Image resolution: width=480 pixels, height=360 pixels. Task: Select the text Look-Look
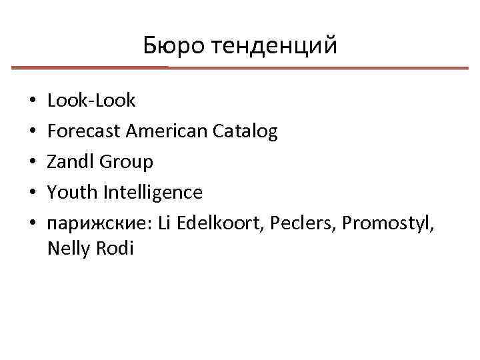pyautogui.click(x=91, y=101)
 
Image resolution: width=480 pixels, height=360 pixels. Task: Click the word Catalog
pyautogui.click(x=246, y=131)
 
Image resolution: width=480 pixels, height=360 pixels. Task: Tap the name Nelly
pyautogui.click(x=69, y=249)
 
